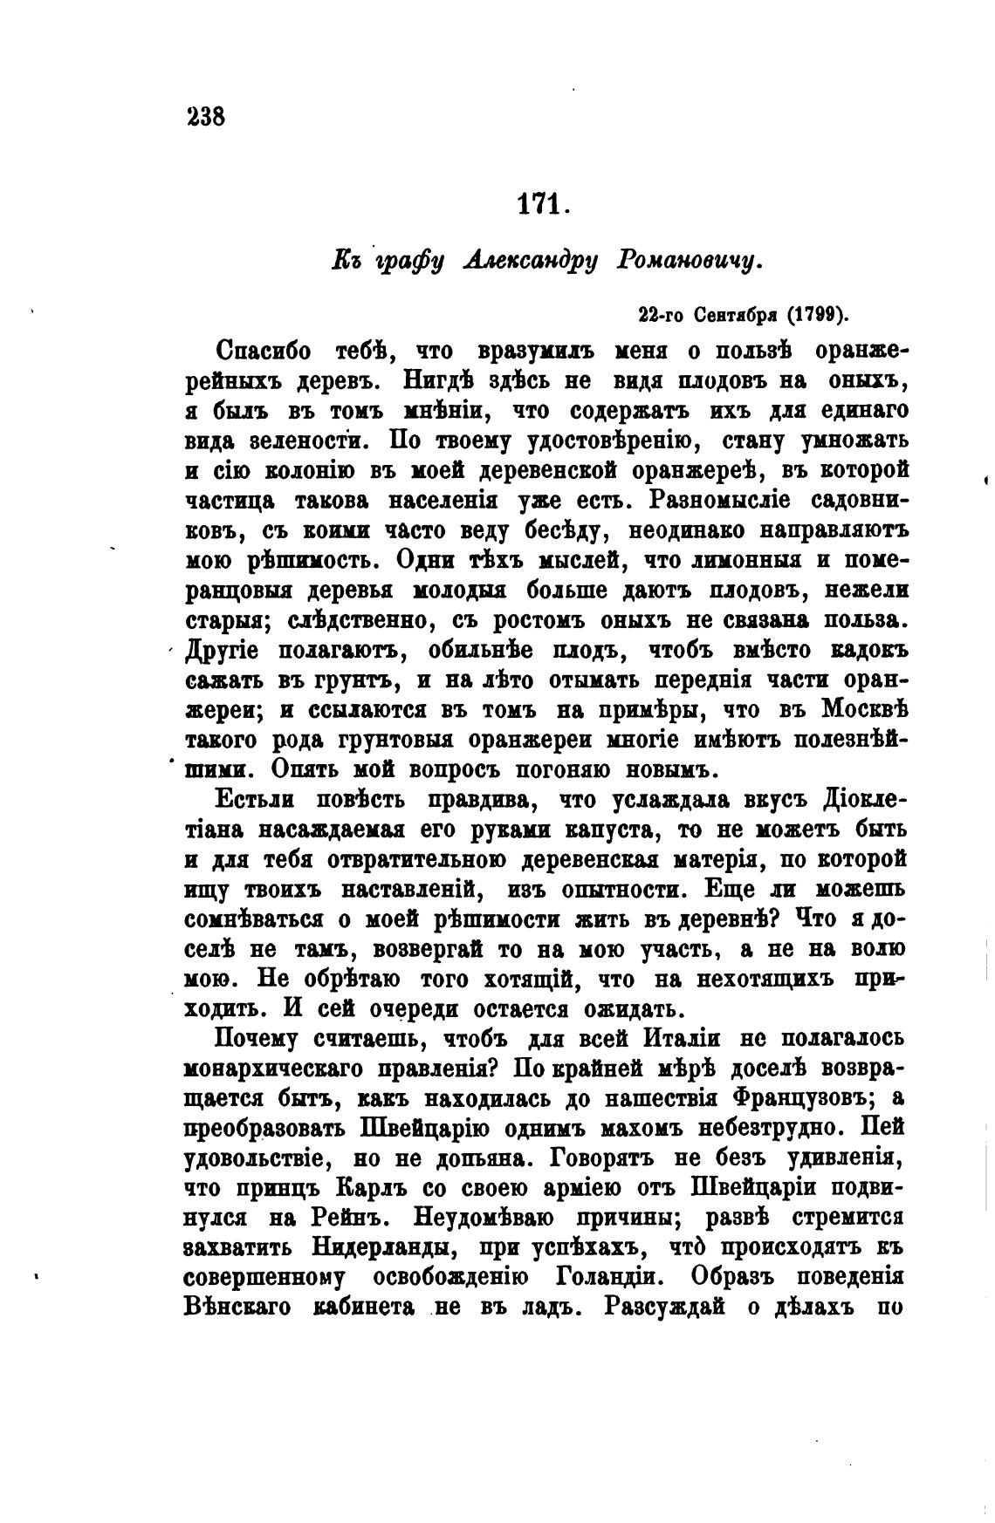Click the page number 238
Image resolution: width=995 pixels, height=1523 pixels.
coord(207,116)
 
